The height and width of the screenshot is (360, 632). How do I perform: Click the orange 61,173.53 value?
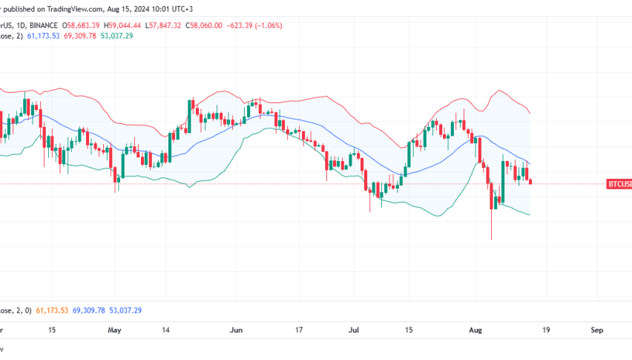pyautogui.click(x=52, y=310)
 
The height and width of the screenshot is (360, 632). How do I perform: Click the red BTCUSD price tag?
pyautogui.click(x=619, y=183)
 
